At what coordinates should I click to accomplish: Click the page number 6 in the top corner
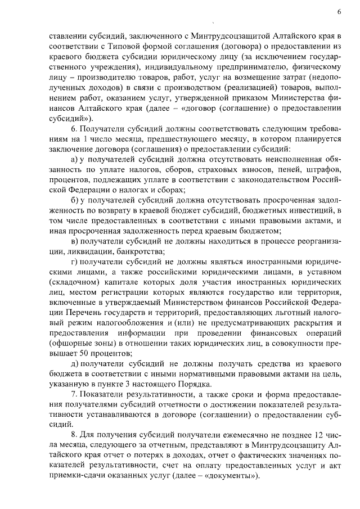(340, 11)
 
